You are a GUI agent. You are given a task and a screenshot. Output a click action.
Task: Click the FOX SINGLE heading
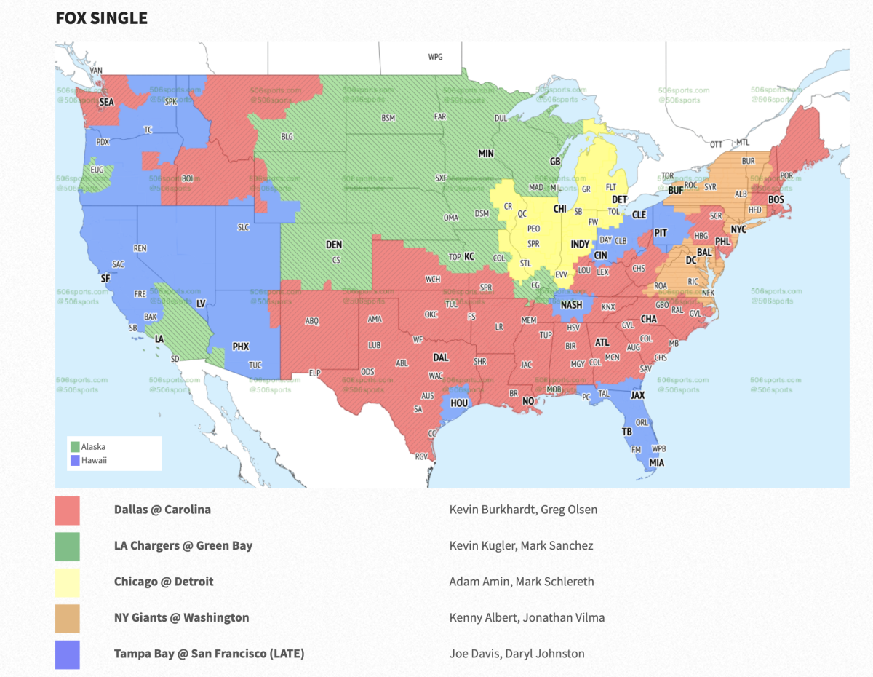pyautogui.click(x=101, y=17)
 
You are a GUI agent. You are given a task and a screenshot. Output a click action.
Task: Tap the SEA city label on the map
pyautogui.click(x=107, y=103)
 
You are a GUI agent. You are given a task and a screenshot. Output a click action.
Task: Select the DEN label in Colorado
pyautogui.click(x=334, y=245)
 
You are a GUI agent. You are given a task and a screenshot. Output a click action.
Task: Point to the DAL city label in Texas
pyautogui.click(x=441, y=358)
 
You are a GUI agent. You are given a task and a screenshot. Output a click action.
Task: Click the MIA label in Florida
pyautogui.click(x=656, y=462)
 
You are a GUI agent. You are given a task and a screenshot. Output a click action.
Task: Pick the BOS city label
pyautogui.click(x=776, y=199)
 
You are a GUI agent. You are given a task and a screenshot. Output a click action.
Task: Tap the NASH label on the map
pyautogui.click(x=572, y=305)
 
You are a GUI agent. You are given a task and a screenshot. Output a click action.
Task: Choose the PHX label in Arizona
pyautogui.click(x=241, y=347)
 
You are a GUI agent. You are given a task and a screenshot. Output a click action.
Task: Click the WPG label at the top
pyautogui.click(x=435, y=57)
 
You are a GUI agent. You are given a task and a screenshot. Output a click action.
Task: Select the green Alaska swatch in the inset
pyautogui.click(x=75, y=447)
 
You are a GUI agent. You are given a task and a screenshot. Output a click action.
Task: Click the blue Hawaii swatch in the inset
pyautogui.click(x=75, y=460)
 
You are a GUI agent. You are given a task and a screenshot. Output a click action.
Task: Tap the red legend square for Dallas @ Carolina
pyautogui.click(x=68, y=510)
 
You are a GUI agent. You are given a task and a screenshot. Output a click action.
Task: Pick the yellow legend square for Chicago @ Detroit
pyautogui.click(x=68, y=582)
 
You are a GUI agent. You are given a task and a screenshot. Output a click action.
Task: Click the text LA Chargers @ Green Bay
pyautogui.click(x=183, y=545)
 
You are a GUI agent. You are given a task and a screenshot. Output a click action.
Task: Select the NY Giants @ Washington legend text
pyautogui.click(x=181, y=617)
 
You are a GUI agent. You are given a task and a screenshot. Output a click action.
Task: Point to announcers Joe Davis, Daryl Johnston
pyautogui.click(x=517, y=654)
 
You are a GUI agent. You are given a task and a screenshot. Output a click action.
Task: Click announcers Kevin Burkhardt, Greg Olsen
pyautogui.click(x=523, y=510)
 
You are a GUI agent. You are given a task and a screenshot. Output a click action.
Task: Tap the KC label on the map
pyautogui.click(x=469, y=257)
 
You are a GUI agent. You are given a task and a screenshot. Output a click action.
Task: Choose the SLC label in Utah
pyautogui.click(x=243, y=227)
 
